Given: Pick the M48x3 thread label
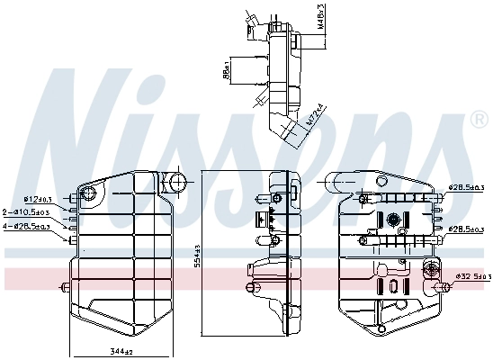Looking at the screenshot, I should coord(319,15).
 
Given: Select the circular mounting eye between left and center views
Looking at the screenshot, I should coord(177,184).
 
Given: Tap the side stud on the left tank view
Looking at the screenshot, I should coord(65,288).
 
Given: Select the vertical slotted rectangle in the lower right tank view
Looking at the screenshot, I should coord(392,287).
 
